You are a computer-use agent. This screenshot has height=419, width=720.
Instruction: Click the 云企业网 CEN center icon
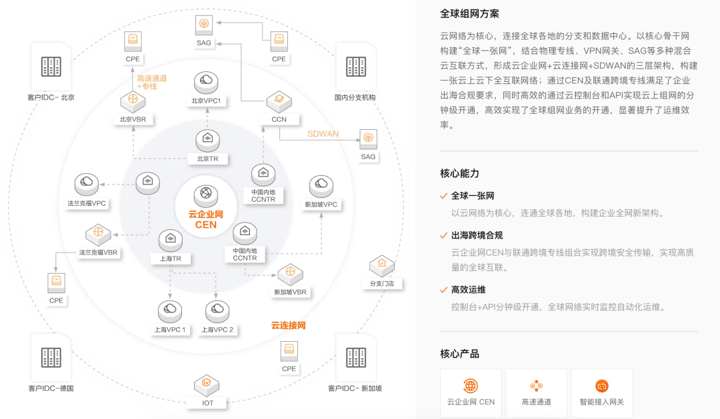[x=206, y=195]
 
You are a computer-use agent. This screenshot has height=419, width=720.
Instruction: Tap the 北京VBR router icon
[x=133, y=102]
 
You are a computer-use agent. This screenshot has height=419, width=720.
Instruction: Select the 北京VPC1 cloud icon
[x=206, y=83]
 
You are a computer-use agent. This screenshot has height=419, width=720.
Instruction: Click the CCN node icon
[x=279, y=102]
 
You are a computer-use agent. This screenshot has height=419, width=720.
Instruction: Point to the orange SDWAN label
[x=323, y=134]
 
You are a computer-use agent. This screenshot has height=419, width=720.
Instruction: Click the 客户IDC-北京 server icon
[x=51, y=67]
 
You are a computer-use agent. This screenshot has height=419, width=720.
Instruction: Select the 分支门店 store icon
[x=382, y=265]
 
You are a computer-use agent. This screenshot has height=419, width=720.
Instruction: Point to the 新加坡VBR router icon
[x=290, y=273]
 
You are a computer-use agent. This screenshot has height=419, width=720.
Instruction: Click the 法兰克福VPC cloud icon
[x=86, y=183]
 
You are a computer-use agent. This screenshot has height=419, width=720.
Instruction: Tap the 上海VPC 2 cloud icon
[x=217, y=310]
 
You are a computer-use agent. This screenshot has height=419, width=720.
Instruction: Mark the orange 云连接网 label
[x=288, y=325]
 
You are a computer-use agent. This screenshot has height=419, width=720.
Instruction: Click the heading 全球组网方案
[x=469, y=14]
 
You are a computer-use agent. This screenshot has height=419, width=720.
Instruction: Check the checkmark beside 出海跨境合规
[x=443, y=236]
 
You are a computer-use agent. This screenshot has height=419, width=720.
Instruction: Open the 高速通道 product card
[x=536, y=393]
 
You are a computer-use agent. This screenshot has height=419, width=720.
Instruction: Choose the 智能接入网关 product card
[x=601, y=393]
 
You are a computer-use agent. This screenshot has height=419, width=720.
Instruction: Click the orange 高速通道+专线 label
[x=152, y=82]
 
